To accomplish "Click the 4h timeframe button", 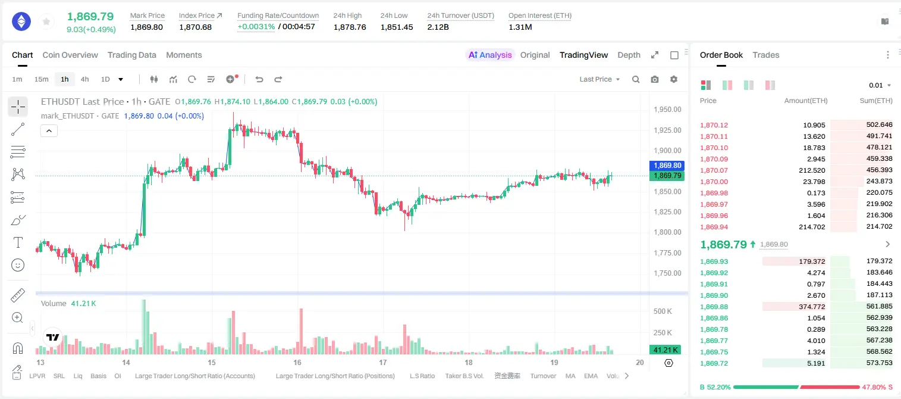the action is tap(84, 79).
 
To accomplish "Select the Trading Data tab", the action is tap(132, 55).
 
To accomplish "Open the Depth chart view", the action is tap(629, 55).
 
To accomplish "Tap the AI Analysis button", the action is tap(490, 55).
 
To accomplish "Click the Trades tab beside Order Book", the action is tap(766, 55).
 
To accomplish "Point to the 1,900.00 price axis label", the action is tap(668, 151).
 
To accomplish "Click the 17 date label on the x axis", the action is tap(383, 362).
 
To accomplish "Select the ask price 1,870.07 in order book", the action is tap(714, 170).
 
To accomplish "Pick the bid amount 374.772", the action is tap(812, 307).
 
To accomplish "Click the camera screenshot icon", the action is tap(655, 79).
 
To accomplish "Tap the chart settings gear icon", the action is tap(674, 79).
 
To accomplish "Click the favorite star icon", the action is tap(46, 21).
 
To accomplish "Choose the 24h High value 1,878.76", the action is tap(350, 27).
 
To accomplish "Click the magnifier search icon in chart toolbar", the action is tap(636, 79).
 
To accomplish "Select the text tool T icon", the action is tap(18, 242).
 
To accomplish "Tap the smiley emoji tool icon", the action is tap(18, 265).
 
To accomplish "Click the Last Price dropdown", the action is tap(599, 79).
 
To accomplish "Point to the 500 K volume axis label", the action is tap(663, 311).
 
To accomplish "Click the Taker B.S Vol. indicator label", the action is tap(464, 376).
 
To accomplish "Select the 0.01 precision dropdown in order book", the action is tap(880, 85).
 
